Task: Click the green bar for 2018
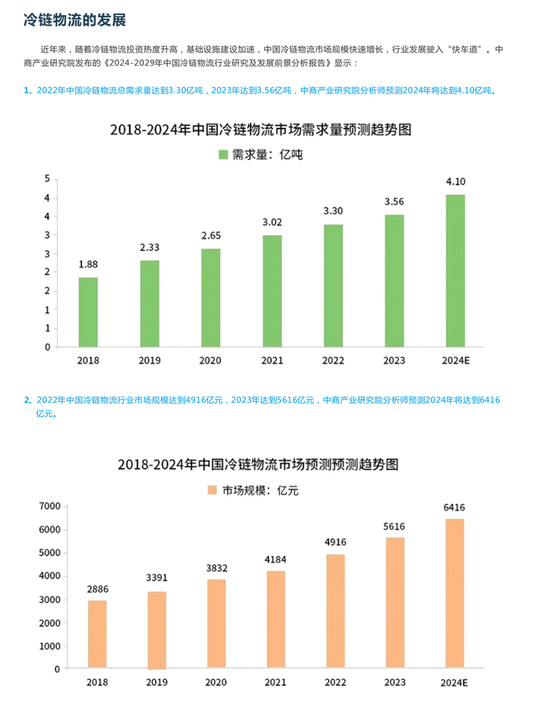point(88,312)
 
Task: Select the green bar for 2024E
point(455,271)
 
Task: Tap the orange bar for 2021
point(276,620)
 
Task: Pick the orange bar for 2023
point(395,602)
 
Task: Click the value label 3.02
point(272,222)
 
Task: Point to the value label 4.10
point(455,182)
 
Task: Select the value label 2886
point(97,590)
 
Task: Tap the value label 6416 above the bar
point(454,508)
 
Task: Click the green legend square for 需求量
point(223,155)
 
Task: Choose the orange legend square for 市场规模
point(212,490)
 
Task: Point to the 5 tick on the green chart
point(47,179)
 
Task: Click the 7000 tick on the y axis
point(50,506)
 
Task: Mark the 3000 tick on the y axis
point(50,600)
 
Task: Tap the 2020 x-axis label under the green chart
point(210,361)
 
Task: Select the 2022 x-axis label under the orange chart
point(335,683)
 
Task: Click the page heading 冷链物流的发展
point(75,20)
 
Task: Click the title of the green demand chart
point(260,130)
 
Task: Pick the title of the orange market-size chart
point(258,465)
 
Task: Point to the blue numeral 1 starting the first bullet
point(26,90)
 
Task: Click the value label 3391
point(157,578)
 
